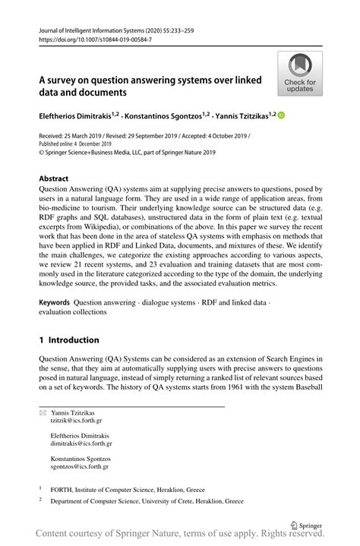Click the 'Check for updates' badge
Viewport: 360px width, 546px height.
pos(300,74)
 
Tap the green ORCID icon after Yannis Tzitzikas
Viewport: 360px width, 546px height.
pos(282,116)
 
